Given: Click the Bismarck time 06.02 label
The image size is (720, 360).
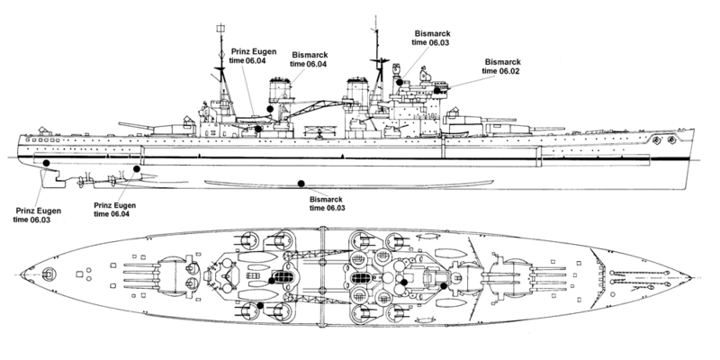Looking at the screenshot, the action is [501, 66].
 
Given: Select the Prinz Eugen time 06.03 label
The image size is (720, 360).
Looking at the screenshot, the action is [37, 215].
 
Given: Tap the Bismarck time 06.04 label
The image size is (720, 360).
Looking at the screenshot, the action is [309, 59].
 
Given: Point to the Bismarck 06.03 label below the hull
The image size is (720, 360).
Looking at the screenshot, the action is [327, 203].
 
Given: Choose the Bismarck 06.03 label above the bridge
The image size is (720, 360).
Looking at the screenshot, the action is [431, 38].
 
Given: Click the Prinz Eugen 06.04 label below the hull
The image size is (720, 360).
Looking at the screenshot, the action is [114, 210].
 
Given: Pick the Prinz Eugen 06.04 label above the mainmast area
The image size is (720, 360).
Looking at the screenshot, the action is [247, 56].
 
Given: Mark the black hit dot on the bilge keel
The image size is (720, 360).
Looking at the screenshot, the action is [301, 184].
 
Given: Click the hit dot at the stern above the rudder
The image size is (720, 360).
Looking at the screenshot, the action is [47, 163].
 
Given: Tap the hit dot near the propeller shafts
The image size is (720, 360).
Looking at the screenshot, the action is [137, 169].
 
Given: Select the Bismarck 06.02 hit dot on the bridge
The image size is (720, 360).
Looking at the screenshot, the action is [437, 91].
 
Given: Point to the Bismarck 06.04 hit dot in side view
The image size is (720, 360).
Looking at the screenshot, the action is [270, 109].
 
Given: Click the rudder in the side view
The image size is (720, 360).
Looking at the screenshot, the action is [49, 178].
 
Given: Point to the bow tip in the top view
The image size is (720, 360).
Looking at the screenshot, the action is [690, 278].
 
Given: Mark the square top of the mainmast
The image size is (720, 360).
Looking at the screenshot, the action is [220, 29].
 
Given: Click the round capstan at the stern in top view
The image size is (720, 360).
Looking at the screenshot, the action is [48, 274].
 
